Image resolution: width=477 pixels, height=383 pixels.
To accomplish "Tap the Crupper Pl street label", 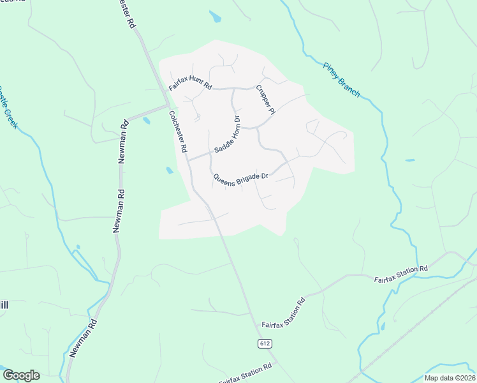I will coord(265,100).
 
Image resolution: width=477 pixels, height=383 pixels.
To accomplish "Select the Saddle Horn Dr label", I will coord(227,134).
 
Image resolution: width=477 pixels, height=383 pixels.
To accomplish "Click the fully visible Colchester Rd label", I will coord(177,131).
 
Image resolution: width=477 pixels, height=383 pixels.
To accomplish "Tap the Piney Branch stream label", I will coord(341,80).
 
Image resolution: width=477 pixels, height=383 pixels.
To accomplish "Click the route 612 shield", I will coord(265,343).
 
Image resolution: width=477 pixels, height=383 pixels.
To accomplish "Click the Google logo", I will coord(21,375).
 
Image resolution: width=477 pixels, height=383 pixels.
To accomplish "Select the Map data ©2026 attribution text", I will coord(449,378).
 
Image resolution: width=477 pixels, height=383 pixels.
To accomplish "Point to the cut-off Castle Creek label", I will coord(8,107).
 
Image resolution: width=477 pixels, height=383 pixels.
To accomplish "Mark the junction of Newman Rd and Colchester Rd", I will coord(167,105).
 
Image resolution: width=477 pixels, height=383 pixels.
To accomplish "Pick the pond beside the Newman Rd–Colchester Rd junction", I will coord(147,120).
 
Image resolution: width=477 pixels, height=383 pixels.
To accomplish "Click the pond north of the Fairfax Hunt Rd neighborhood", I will coord(215,17).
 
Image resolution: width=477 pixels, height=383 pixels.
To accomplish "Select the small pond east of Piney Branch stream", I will coord(409,160).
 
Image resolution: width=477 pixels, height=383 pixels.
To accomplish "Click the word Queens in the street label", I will coord(224,179).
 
